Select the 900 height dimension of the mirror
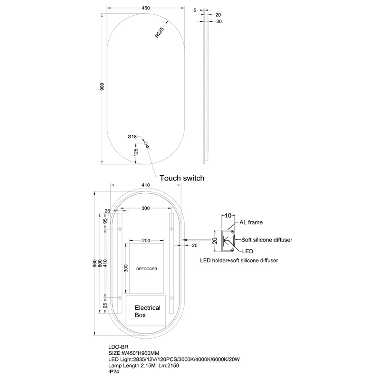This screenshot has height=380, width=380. point(102,86)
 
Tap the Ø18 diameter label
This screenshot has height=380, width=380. point(132,137)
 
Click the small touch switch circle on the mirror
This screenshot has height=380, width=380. point(146,143)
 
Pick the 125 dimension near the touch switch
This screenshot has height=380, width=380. point(136,152)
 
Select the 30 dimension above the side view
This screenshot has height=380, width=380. point(219,21)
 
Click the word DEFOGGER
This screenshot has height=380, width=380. point(146,268)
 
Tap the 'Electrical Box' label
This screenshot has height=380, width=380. point(147,311)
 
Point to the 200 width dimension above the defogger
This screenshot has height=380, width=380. point(146,240)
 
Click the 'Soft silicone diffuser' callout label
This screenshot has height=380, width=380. point(266,240)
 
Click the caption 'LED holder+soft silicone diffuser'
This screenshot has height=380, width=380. point(238,260)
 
